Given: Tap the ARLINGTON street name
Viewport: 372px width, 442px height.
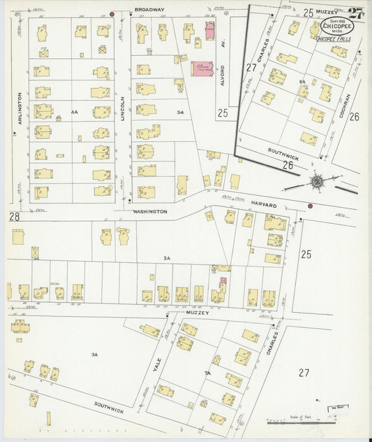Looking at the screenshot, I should (20, 110).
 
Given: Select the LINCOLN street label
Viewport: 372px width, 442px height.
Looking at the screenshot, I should (123, 110).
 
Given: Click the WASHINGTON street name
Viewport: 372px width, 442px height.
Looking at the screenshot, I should (150, 211).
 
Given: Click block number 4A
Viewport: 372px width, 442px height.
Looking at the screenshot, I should (73, 111).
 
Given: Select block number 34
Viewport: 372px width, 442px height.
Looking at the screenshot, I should (180, 112).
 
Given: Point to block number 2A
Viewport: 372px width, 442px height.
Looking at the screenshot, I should (166, 258).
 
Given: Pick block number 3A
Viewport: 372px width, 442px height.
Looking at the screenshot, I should (94, 355).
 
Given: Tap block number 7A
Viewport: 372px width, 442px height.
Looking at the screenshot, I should (207, 373).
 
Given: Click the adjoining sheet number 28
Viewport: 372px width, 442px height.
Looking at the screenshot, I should (14, 218).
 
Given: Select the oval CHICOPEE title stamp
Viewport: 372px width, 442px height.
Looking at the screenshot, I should (336, 27).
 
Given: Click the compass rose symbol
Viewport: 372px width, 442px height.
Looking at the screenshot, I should (316, 182).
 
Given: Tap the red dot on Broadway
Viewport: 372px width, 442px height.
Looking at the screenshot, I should (112, 13).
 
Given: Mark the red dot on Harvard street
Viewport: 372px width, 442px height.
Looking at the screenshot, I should (310, 206).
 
